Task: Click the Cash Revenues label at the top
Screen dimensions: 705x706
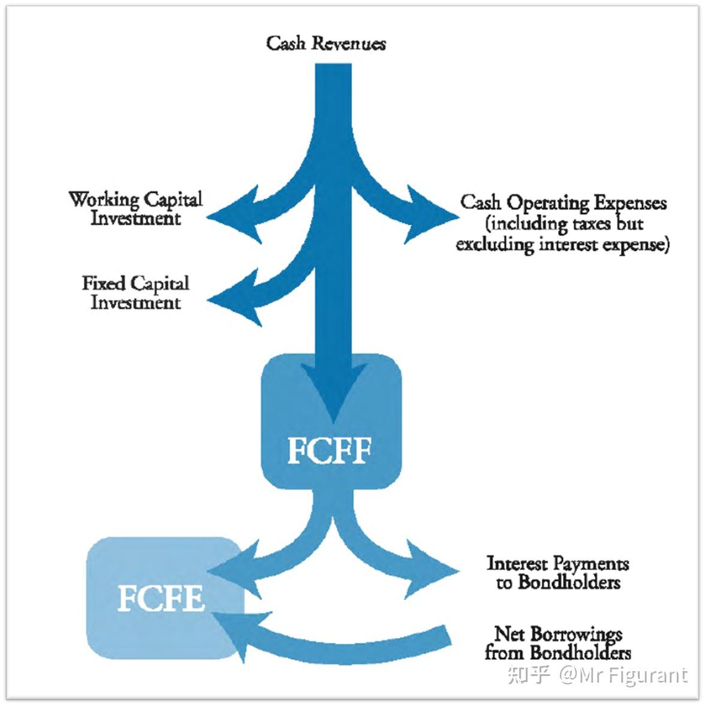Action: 326,43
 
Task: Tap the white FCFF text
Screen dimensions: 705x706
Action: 330,450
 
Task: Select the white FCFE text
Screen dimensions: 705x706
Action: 161,597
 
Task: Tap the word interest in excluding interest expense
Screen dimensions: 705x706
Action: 568,244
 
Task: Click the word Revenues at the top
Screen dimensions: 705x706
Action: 349,43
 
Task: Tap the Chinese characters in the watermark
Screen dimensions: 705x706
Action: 529,674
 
